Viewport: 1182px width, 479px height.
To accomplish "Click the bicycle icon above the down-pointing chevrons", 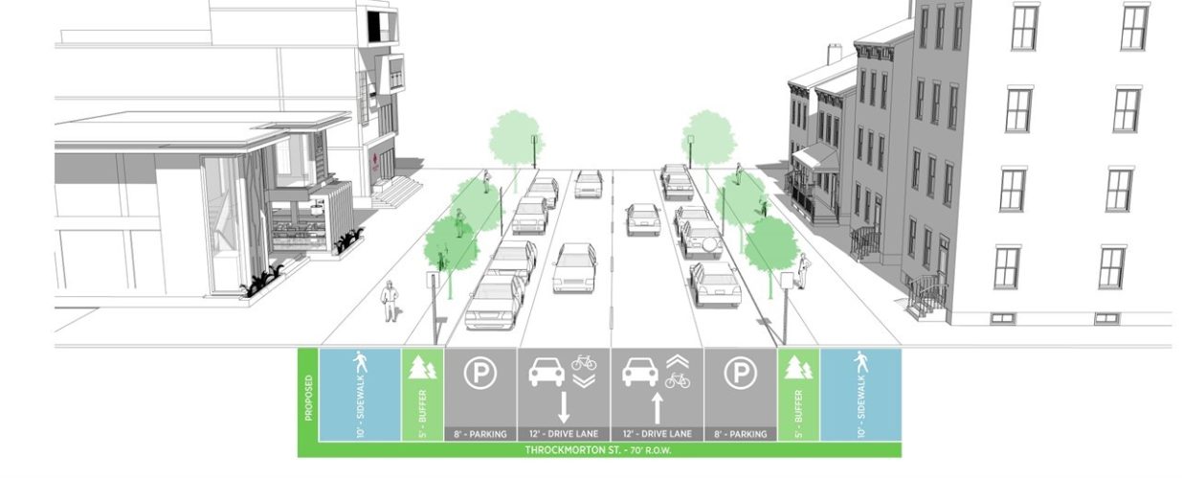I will tap(584, 362).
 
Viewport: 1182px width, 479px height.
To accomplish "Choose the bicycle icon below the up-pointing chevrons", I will tap(678, 380).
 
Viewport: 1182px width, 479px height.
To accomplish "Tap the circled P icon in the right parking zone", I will tap(739, 374).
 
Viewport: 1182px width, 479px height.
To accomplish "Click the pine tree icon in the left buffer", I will tap(422, 369).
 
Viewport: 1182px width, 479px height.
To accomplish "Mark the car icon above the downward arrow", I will tap(546, 372).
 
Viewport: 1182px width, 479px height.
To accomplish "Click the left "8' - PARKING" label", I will tap(480, 434).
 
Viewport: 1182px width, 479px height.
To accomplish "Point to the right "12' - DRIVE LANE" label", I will tap(657, 434).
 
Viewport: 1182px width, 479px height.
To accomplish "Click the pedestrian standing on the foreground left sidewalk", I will tap(390, 301).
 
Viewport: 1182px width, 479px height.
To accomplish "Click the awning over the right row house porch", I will tap(815, 155).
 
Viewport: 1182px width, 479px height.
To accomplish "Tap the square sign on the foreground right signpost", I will tap(787, 281).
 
